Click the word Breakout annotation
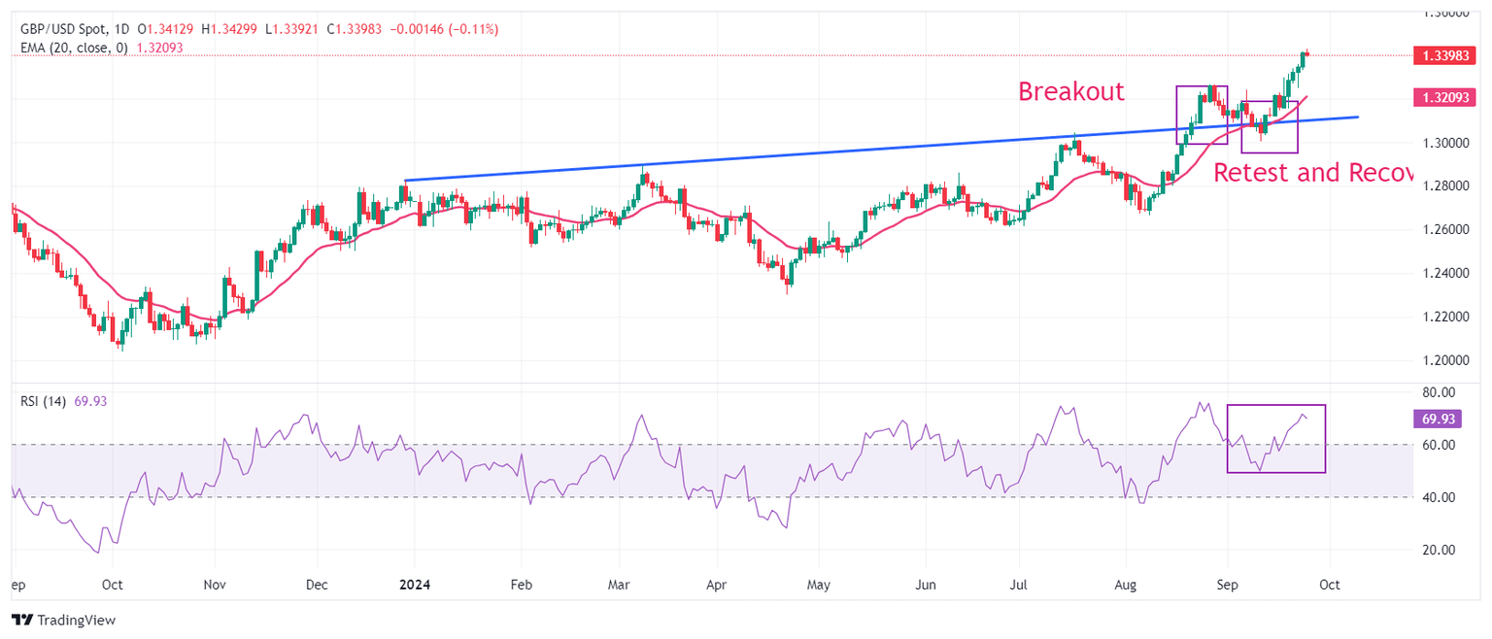click(1070, 91)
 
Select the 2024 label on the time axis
click(415, 586)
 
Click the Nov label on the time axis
click(215, 586)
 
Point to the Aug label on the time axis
click(1125, 586)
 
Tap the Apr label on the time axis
click(716, 586)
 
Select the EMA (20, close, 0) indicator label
click(74, 47)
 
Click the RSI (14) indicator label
click(43, 401)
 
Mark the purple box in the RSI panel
click(1275, 439)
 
